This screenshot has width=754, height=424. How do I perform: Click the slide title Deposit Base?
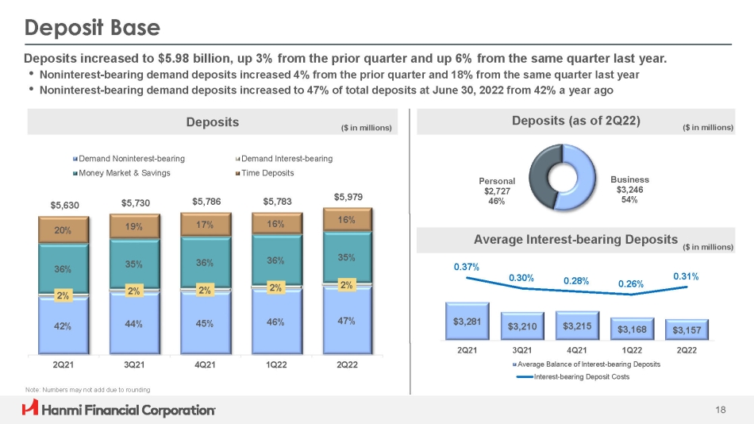pyautogui.click(x=93, y=29)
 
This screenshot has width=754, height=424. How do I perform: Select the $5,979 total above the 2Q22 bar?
pyautogui.click(x=347, y=196)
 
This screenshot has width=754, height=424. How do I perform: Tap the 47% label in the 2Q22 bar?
pyautogui.click(x=346, y=321)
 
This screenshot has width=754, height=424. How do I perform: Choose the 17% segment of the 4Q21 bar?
pyautogui.click(x=206, y=224)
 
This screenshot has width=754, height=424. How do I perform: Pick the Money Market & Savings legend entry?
pyautogui.click(x=123, y=172)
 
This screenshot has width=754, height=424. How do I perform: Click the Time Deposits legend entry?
pyautogui.click(x=267, y=172)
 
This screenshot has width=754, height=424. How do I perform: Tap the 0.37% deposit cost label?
pyautogui.click(x=467, y=267)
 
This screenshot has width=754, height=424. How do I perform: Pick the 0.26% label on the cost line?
pyautogui.click(x=630, y=283)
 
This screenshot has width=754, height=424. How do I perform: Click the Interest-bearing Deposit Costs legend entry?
pyautogui.click(x=576, y=376)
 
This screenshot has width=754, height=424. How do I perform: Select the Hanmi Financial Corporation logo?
pyautogui.click(x=119, y=410)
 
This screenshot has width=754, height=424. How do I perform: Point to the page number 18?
pyautogui.click(x=721, y=410)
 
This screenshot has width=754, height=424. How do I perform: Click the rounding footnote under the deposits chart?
pyautogui.click(x=87, y=389)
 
